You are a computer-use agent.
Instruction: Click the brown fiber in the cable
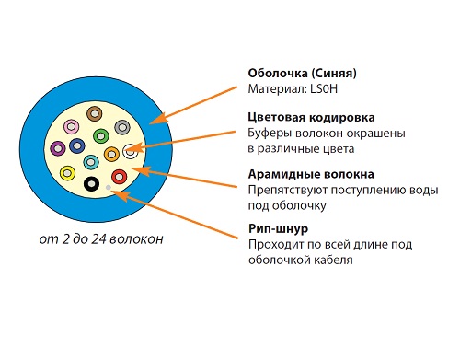click(x=94, y=114)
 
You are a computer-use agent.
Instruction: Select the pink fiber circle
click(x=72, y=126)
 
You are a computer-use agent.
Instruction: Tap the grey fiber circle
click(x=122, y=127)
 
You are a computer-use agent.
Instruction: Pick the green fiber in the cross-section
click(x=101, y=136)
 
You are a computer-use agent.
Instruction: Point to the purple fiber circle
click(x=58, y=148)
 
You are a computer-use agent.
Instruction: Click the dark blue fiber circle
click(x=77, y=145)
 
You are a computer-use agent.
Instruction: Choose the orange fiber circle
click(x=111, y=154)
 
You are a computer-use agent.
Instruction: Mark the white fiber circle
click(x=131, y=151)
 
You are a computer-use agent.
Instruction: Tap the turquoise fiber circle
click(x=91, y=162)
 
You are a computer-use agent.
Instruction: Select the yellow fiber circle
click(x=67, y=173)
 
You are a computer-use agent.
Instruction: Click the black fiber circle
click(x=91, y=184)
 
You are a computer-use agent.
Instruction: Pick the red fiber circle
click(x=120, y=177)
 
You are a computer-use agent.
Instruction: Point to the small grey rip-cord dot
click(x=109, y=188)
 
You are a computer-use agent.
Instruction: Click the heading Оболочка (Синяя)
click(x=302, y=74)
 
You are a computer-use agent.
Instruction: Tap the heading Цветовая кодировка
click(x=311, y=118)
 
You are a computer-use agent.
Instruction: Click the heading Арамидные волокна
click(x=311, y=174)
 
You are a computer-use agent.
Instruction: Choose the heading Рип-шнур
click(x=279, y=229)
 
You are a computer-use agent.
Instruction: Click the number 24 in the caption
click(x=98, y=239)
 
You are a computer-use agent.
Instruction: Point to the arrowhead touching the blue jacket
click(x=158, y=119)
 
